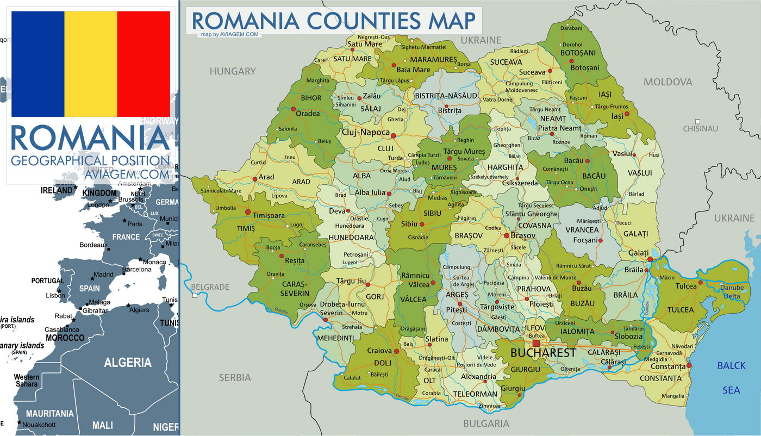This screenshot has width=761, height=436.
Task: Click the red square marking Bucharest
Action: tap(536, 343)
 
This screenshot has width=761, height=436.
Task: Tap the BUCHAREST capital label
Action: tap(543, 353)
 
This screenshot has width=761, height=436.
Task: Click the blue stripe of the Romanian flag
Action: tap(38, 64)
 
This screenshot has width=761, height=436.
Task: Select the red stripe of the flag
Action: tap(144, 64)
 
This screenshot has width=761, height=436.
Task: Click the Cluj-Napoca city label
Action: tap(365, 132)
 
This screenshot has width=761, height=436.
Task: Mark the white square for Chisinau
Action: tap(697, 121)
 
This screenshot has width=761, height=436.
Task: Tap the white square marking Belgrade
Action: tap(194, 295)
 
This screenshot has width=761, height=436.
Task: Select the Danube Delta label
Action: tap(732, 292)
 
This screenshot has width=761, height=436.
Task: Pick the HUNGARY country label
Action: tap(233, 71)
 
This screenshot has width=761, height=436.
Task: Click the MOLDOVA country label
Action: tap(668, 82)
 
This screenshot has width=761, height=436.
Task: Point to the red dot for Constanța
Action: tap(689, 365)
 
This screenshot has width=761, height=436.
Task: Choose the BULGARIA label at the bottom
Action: tap(486, 424)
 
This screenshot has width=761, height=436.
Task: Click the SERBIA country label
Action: tap(235, 377)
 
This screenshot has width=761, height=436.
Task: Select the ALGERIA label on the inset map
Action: tap(127, 363)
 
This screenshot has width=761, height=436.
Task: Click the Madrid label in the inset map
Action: tap(103, 275)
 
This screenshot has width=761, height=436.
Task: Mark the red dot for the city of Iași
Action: tap(627, 114)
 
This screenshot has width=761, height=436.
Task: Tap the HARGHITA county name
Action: tap(505, 167)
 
